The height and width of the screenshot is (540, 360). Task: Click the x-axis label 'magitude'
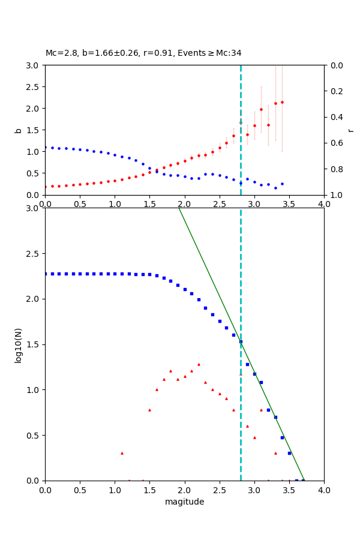(x=184, y=502)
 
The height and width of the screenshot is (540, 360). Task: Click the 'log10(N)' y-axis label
(x=18, y=344)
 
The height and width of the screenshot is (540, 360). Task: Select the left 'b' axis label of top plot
(x=18, y=130)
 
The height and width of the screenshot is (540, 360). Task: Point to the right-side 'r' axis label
(x=351, y=130)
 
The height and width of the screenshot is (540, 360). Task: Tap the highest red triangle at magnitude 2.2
(x=199, y=364)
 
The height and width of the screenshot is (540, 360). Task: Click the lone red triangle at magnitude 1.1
(x=122, y=453)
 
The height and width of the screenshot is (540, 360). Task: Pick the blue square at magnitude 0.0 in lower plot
(x=46, y=274)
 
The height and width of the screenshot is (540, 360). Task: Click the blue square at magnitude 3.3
(x=275, y=417)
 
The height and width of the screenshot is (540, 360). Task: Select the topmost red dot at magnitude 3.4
(x=282, y=102)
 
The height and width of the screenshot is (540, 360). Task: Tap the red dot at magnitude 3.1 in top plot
(x=261, y=109)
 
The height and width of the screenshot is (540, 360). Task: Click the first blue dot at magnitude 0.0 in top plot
(x=46, y=147)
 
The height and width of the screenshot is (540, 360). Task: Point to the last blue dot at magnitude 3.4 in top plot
(x=282, y=184)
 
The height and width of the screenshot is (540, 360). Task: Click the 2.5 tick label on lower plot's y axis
(x=33, y=254)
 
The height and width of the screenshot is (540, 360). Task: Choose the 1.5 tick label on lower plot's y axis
(x=33, y=344)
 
